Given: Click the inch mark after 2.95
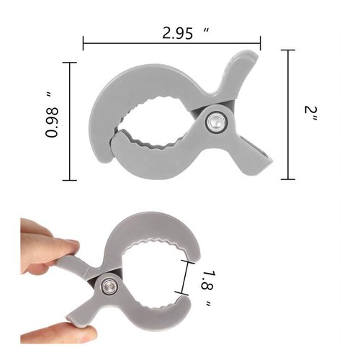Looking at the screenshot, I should pyautogui.click(x=207, y=30).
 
